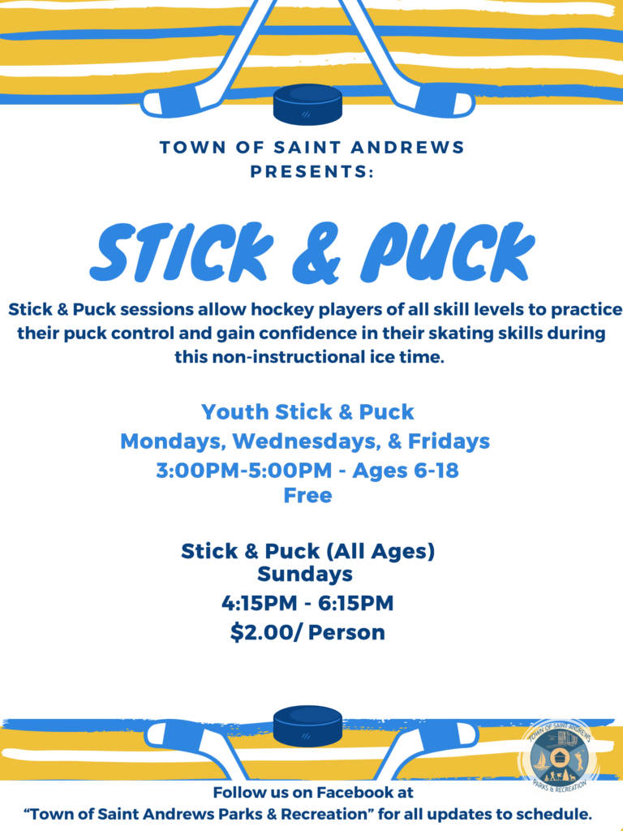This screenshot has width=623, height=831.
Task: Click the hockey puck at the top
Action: click(x=307, y=105)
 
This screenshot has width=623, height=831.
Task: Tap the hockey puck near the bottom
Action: click(x=307, y=726)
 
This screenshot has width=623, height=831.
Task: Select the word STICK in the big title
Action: click(x=181, y=252)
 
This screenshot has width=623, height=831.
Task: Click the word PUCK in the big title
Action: click(x=448, y=252)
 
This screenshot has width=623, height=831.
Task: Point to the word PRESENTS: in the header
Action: click(x=312, y=172)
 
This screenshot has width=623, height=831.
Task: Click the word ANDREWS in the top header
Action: click(x=407, y=147)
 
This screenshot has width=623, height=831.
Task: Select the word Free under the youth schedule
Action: click(x=307, y=495)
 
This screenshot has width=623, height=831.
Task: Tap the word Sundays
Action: click(x=305, y=574)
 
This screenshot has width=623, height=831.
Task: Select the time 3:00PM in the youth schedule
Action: click(x=201, y=470)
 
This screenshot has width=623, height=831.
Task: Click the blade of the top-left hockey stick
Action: click(x=175, y=101)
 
